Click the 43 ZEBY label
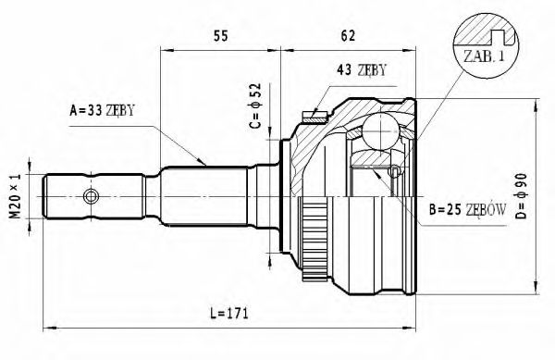click(362, 70)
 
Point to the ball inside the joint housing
click(376, 130)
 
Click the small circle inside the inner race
click(395, 171)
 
